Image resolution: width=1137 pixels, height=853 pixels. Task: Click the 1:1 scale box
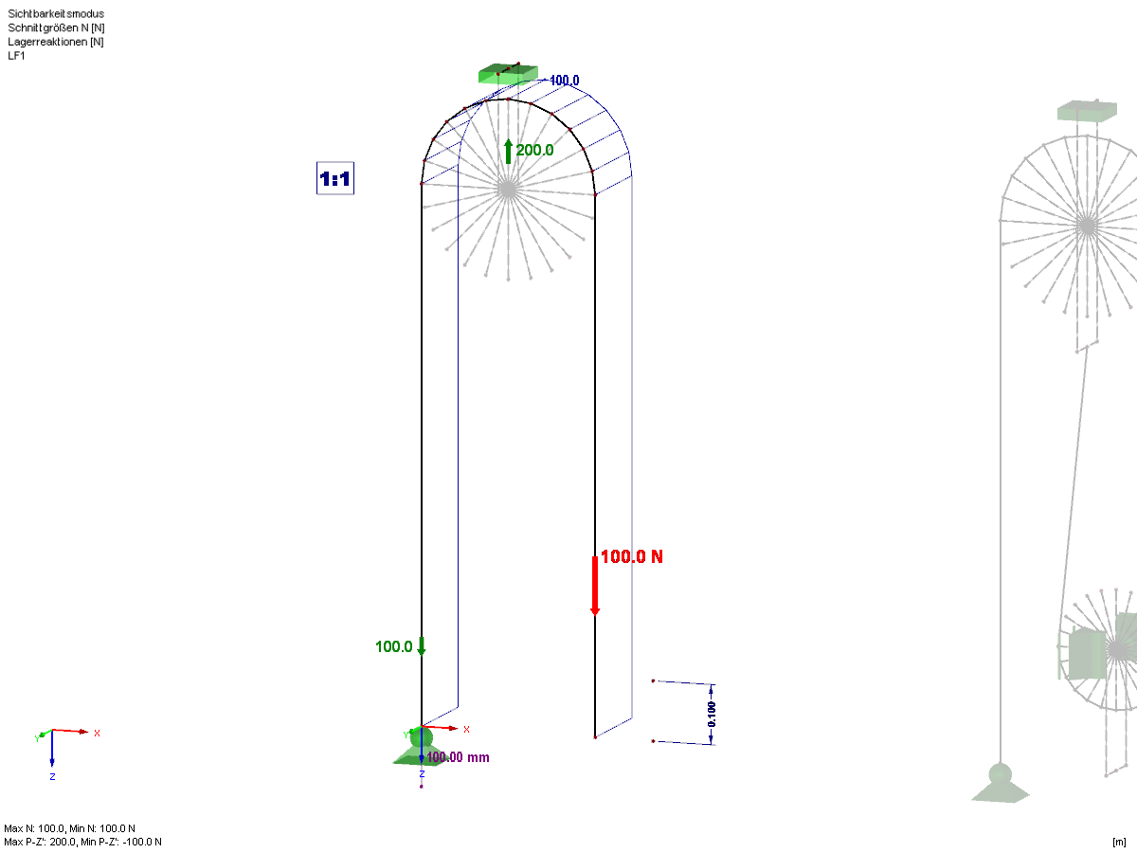[335, 178]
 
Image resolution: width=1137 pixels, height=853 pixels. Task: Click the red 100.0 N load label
[631, 556]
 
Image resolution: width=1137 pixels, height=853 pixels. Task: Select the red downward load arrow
[595, 586]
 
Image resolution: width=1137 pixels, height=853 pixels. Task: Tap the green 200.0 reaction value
[534, 150]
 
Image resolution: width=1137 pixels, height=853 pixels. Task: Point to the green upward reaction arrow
[508, 152]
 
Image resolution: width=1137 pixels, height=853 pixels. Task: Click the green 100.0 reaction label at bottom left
[393, 647]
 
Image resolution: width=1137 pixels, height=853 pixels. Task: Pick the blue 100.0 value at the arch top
[564, 81]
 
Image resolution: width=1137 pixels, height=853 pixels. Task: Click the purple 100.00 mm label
[458, 757]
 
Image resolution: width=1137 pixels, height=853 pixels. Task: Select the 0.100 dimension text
[712, 715]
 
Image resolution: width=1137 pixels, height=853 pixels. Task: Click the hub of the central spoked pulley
[508, 190]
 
